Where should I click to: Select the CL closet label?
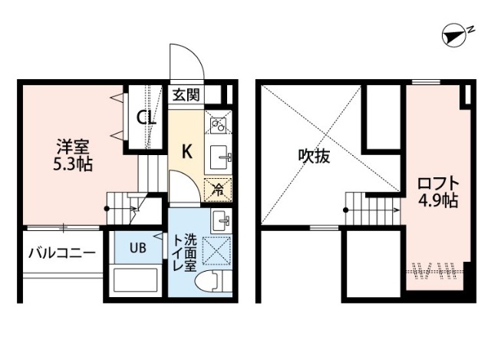point(147,118)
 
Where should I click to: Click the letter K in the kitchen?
point(186,151)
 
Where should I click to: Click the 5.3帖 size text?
point(74,163)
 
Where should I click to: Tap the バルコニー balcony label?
point(61,253)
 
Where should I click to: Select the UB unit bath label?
point(137,247)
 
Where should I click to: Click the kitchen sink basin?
point(219,155)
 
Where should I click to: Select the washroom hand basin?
point(219,221)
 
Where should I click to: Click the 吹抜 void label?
point(314,157)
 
